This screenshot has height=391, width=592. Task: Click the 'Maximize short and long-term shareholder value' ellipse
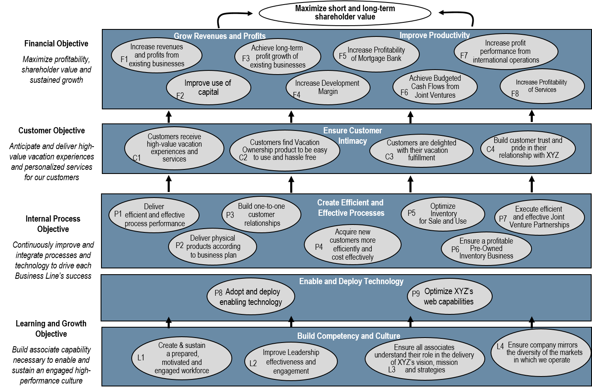[345, 13]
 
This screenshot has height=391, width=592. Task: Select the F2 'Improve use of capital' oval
[208, 88]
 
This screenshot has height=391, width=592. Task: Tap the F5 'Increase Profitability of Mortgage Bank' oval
[376, 54]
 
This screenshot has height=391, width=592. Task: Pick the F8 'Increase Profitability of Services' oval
[542, 86]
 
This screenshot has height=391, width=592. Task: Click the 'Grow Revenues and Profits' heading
[219, 36]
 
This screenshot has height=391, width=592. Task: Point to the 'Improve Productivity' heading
[434, 35]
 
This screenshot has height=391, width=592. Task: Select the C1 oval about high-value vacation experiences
[174, 148]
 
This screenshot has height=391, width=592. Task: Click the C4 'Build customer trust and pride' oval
[528, 148]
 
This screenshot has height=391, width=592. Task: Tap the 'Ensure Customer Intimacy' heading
[352, 135]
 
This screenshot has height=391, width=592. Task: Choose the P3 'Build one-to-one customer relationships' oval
[261, 215]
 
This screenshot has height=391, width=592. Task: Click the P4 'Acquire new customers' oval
[352, 244]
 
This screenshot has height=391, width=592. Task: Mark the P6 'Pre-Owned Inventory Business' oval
[486, 249]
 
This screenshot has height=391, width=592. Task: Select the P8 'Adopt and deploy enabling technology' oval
[250, 297]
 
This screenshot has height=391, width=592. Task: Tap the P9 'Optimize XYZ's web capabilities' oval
[449, 296]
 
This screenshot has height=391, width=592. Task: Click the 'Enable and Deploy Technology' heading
[351, 281]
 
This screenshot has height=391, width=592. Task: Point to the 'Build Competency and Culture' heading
[349, 336]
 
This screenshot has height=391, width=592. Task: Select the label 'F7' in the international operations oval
[464, 55]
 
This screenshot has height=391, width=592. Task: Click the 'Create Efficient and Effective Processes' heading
[351, 208]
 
